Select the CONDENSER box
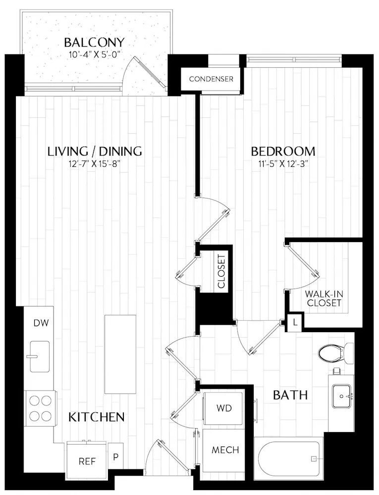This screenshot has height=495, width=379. pos(211,79)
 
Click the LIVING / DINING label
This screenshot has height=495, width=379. pos(95,151)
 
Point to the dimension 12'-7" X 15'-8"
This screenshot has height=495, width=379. pos(95,164)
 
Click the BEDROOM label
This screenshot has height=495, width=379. pos(283,151)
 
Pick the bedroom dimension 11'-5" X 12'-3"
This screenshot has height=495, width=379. pos(283,164)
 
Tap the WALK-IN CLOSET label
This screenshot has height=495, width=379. pos(324,298)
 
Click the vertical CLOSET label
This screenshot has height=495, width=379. pos(221,271)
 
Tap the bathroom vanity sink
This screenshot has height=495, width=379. pos(342,396)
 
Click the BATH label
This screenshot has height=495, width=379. pos(291,395)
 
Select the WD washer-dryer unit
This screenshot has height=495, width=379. pos(223,408)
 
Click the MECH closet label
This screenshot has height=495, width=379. pos(225,450)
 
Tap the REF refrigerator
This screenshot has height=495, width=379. pos(87,460)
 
